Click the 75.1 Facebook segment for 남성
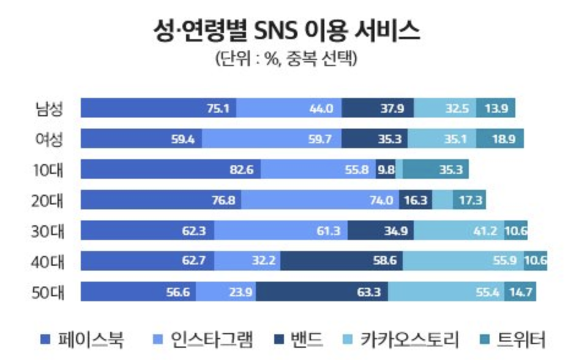click(159, 108)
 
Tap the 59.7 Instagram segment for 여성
click(272, 139)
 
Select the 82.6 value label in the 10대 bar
click(241, 170)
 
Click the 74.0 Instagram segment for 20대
click(320, 200)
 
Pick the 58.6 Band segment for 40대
click(342, 261)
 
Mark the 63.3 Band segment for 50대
click(322, 292)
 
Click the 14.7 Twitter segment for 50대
click(520, 292)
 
